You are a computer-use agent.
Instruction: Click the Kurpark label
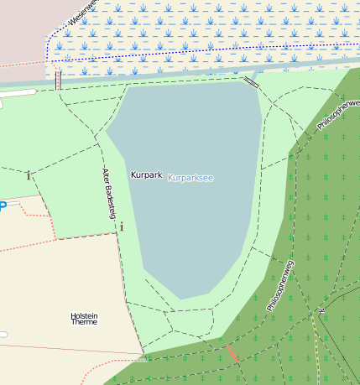145,175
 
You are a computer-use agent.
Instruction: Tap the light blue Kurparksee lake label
190,179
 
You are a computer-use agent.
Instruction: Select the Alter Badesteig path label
107,193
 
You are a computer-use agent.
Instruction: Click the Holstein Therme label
84,318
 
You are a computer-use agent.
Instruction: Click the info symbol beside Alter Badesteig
122,226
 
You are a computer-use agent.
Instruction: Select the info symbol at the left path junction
29,175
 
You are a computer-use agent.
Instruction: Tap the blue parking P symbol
3,206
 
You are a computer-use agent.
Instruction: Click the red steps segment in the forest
232,354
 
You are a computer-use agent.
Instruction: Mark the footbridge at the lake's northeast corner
251,81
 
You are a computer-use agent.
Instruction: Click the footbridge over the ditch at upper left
58,80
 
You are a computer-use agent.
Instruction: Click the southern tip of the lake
181,299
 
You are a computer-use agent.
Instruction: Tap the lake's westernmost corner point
106,132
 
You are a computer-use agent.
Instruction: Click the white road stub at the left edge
17,92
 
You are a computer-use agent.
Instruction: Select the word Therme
84,322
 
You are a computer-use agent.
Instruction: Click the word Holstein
84,315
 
